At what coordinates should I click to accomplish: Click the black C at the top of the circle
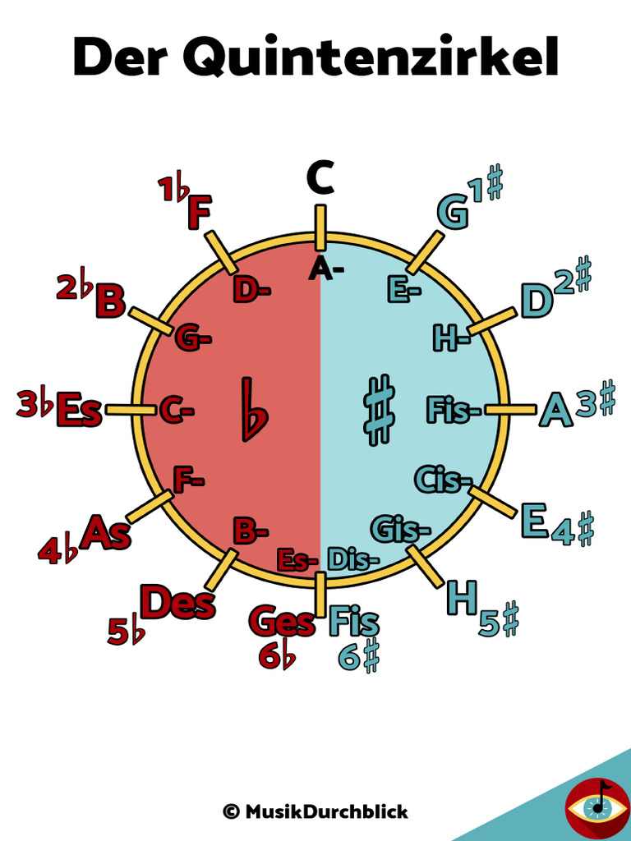click(320, 178)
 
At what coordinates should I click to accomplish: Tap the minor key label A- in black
click(326, 269)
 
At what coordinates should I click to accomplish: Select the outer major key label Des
click(177, 603)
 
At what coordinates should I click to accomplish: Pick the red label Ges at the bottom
click(282, 622)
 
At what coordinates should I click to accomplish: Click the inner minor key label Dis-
click(353, 559)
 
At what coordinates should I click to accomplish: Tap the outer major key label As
click(105, 532)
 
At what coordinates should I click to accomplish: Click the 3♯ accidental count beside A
click(596, 402)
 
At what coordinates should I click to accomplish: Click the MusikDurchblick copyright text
click(315, 811)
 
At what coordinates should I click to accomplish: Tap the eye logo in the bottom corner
click(597, 807)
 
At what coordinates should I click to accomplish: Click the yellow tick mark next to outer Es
click(131, 409)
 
